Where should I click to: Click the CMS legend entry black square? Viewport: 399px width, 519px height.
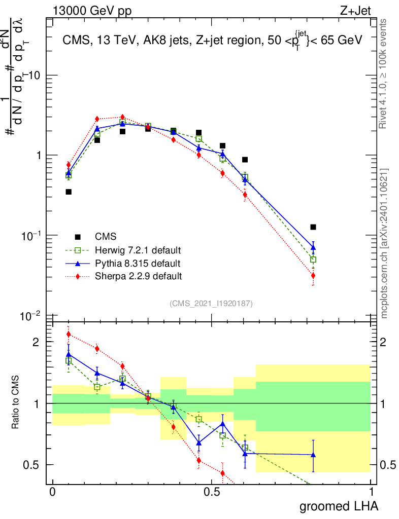pyautogui.click(x=78, y=237)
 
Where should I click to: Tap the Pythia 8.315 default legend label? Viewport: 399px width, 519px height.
pyautogui.click(x=138, y=264)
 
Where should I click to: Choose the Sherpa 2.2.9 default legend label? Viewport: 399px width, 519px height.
pyautogui.click(x=139, y=276)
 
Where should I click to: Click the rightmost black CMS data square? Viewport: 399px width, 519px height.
pyautogui.click(x=313, y=227)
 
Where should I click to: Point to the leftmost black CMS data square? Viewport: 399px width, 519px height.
pyautogui.click(x=69, y=192)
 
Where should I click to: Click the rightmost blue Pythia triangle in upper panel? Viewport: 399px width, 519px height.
pyautogui.click(x=313, y=248)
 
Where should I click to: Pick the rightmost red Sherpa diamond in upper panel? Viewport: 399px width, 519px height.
pyautogui.click(x=313, y=276)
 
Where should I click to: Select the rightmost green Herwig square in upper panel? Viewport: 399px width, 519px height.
pyautogui.click(x=313, y=259)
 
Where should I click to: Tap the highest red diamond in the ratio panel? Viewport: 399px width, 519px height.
pyautogui.click(x=69, y=334)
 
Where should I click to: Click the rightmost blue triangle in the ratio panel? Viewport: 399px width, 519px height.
pyautogui.click(x=313, y=455)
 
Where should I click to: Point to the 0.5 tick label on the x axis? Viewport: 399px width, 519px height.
pyautogui.click(x=211, y=492)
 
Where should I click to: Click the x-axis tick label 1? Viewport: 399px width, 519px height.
pyautogui.click(x=371, y=492)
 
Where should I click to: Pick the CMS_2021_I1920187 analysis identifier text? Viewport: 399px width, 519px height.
pyautogui.click(x=211, y=303)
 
